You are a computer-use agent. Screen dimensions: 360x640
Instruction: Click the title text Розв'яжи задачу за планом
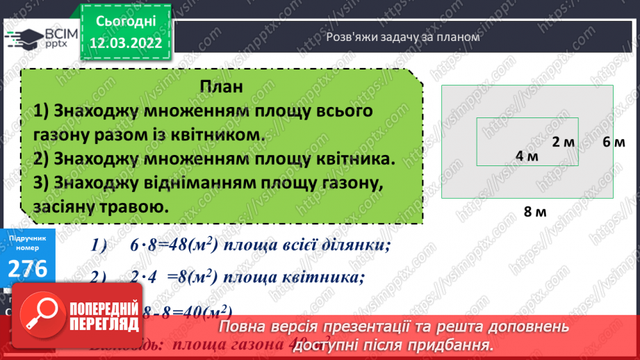[403, 38]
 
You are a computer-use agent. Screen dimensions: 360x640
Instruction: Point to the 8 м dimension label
[535, 212]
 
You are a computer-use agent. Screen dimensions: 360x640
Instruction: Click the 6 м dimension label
[614, 142]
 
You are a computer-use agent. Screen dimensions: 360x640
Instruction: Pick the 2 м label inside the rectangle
[564, 142]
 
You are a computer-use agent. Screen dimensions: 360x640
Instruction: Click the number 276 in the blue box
[28, 268]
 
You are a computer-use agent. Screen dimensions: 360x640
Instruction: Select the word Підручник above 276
[28, 238]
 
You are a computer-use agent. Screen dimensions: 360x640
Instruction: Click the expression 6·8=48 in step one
[160, 247]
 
